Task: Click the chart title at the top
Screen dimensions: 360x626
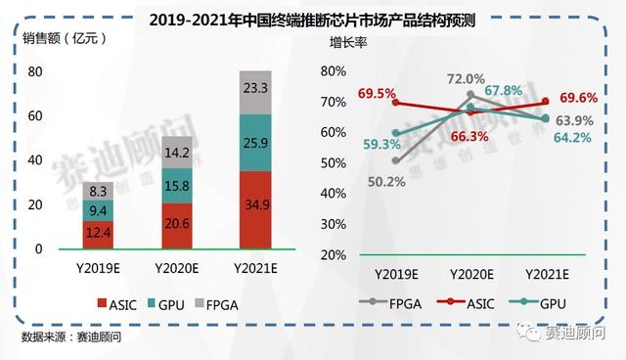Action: tap(313, 18)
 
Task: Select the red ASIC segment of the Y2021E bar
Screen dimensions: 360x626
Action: tap(256, 212)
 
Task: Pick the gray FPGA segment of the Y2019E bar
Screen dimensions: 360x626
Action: tap(97, 190)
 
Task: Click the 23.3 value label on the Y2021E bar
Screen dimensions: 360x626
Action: tap(256, 88)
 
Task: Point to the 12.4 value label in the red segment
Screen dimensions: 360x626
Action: tap(97, 235)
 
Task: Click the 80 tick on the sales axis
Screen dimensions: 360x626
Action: tap(34, 71)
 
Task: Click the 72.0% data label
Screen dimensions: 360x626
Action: tap(466, 79)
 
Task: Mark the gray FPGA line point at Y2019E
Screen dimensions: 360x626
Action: tap(395, 160)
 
